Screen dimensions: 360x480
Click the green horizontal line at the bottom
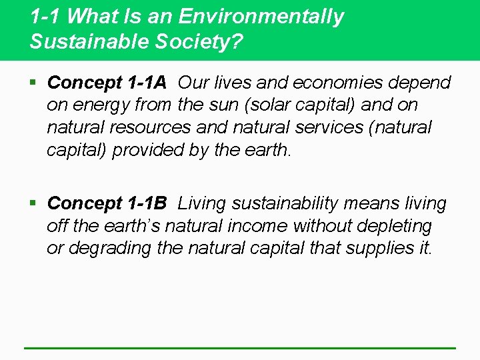pyautogui.click(x=240, y=347)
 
